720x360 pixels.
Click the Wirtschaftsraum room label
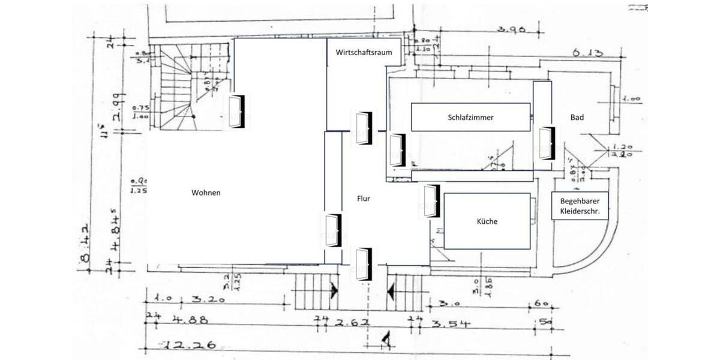coord(364,52)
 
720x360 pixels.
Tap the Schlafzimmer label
coord(470,118)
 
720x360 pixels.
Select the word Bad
coord(577,118)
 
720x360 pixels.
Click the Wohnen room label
coord(206,193)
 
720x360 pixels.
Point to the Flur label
coord(363,199)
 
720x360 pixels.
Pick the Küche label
coord(487,221)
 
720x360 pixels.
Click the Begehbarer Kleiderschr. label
coord(580,207)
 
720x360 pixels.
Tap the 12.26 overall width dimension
coord(188,345)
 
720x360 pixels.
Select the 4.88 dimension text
coord(190,320)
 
